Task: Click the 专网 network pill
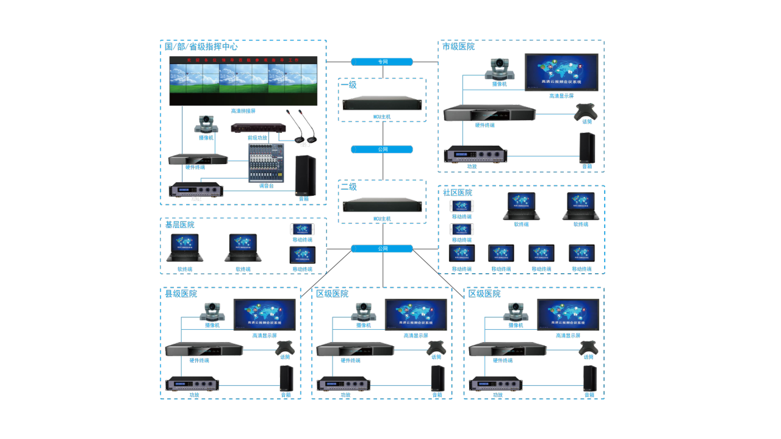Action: pos(382,62)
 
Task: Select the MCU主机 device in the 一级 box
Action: pos(382,104)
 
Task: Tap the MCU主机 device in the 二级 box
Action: pos(382,205)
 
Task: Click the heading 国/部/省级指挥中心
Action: pos(201,46)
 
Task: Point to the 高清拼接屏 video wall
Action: pos(243,81)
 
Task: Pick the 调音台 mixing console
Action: pos(267,163)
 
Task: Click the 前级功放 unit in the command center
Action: pos(258,129)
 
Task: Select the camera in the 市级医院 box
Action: pos(500,70)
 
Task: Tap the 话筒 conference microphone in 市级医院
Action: pos(586,111)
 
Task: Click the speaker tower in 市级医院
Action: pos(587,147)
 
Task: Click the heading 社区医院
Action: pos(458,193)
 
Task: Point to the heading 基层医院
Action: pos(180,225)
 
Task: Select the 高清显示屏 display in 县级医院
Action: pos(265,314)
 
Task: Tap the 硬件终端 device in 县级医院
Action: pos(204,349)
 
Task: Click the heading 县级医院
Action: pos(181,294)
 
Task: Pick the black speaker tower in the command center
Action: pos(305,174)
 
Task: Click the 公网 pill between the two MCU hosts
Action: pos(382,149)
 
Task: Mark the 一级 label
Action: pos(349,85)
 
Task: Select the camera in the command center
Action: pos(206,124)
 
